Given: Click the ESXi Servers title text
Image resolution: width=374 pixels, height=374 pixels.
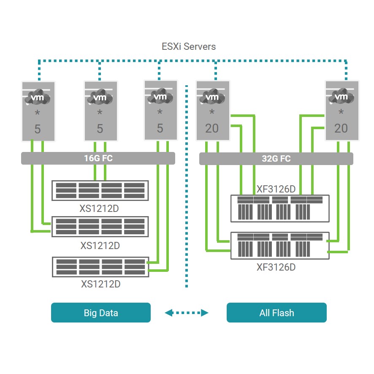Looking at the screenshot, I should (x=189, y=46).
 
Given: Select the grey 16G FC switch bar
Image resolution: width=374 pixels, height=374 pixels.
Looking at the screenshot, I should (x=98, y=158).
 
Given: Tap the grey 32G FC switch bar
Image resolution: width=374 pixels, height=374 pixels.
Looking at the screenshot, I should (x=276, y=159).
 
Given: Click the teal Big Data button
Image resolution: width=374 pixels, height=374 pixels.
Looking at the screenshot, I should (x=100, y=313).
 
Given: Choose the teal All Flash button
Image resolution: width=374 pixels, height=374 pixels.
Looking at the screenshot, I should (x=276, y=313).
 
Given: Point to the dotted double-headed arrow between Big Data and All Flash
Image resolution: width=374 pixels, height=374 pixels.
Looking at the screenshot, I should (x=187, y=313).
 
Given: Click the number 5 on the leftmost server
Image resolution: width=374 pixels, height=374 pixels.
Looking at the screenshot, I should (x=38, y=129).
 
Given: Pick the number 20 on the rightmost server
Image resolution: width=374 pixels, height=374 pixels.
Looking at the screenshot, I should (x=341, y=128).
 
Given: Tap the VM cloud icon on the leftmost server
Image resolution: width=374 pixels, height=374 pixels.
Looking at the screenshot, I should (x=38, y=98).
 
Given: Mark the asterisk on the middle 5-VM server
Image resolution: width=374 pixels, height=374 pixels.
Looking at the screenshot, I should (x=100, y=113).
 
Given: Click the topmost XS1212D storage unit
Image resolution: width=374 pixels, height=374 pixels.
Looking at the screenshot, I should (x=100, y=190).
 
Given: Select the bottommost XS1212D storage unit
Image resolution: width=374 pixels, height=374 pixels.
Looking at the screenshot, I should (x=100, y=267).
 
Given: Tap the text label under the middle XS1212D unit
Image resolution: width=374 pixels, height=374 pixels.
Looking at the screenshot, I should (x=100, y=246).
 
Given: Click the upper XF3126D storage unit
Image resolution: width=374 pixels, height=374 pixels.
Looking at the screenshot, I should (x=280, y=208).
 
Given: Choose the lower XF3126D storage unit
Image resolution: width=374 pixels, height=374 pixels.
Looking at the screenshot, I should (x=280, y=246).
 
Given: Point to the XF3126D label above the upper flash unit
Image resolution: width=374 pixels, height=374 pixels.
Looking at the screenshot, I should (x=276, y=189).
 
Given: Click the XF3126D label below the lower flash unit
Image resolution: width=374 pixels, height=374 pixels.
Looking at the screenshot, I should (x=276, y=267).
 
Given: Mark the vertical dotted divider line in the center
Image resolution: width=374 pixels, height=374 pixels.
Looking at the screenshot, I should (x=186, y=186).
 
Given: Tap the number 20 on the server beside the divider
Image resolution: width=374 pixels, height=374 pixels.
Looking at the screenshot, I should (x=212, y=128).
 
